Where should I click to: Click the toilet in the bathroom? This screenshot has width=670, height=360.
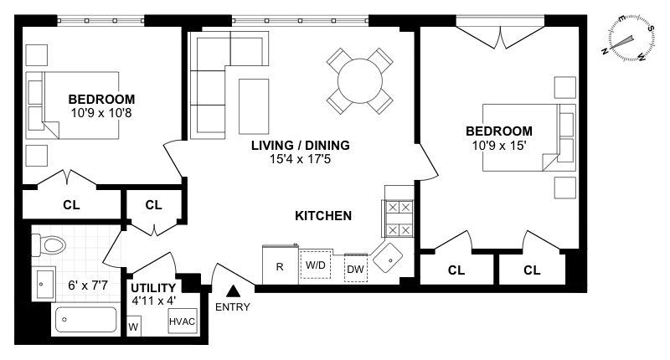point(49,245)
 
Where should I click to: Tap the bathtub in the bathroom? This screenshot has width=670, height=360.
point(86,320)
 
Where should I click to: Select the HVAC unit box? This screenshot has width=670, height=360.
point(183,321)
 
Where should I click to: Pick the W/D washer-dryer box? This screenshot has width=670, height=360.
point(316,265)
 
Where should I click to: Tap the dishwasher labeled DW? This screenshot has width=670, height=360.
point(355,268)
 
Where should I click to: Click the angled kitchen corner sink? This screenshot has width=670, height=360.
point(388,259)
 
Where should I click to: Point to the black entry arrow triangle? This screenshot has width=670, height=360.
point(233,291)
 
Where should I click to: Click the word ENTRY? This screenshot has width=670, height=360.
point(233,307)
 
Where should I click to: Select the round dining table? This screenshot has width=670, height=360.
point(360,80)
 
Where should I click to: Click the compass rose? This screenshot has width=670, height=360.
point(628,39)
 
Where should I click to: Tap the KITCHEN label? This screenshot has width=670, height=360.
point(323,216)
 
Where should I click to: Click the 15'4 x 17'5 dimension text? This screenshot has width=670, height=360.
point(300,159)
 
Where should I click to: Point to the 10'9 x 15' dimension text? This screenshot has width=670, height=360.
point(498,146)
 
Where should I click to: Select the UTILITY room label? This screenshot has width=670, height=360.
point(153,288)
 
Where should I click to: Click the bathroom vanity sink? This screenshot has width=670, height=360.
point(44,284)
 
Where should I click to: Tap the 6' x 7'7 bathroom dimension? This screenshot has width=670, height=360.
point(88,285)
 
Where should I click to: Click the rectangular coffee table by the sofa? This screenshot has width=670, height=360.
point(254,106)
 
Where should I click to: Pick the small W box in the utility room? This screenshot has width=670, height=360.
point(134,327)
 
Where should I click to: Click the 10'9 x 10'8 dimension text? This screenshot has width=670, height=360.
point(101,113)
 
